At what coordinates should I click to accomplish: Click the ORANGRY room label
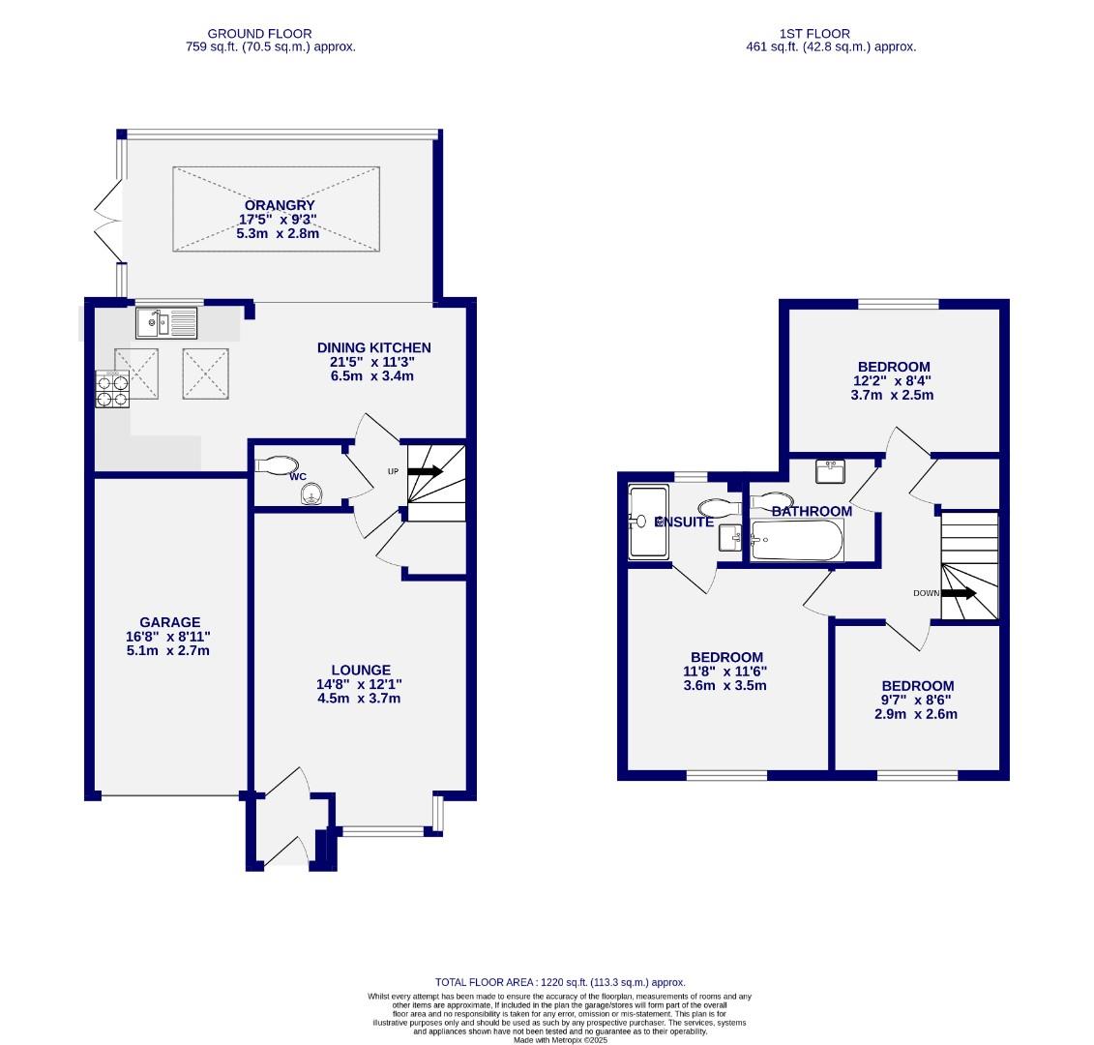[279, 205]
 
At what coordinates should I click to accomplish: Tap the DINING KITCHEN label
[374, 347]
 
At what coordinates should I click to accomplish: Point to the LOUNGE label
[360, 670]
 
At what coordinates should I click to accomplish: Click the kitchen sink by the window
[165, 322]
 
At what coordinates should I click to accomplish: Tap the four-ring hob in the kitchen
[112, 389]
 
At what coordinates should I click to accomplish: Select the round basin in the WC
[310, 496]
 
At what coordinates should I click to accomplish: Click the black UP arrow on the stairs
[425, 472]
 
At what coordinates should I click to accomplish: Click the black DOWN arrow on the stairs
[959, 594]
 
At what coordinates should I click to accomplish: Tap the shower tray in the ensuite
[648, 522]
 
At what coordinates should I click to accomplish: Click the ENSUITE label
[685, 522]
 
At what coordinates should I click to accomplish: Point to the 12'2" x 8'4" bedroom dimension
[894, 381]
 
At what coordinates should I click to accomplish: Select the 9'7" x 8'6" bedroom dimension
[917, 701]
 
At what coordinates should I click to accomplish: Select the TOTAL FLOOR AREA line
[560, 982]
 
